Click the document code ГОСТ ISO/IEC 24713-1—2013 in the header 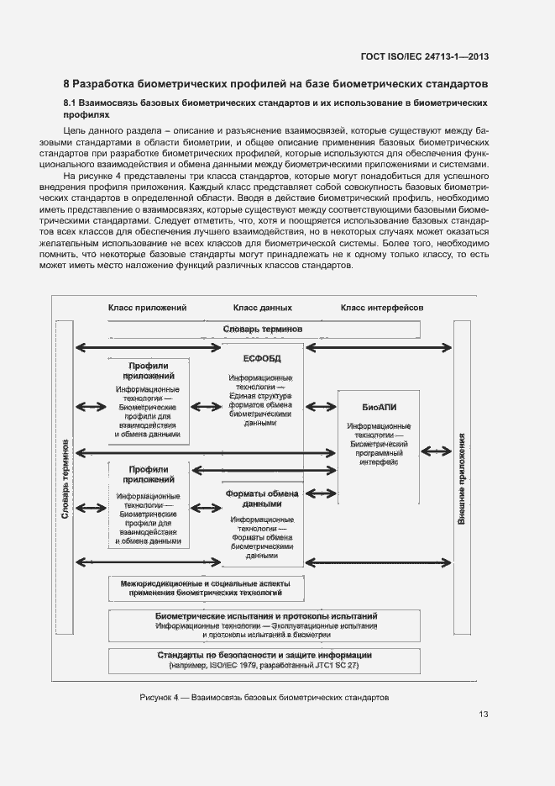point(424,57)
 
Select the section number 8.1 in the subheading point(71,103)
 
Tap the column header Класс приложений point(146,309)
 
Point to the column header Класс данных point(262,309)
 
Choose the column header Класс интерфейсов point(381,309)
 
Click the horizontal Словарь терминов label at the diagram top point(262,329)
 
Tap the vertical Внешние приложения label point(461,480)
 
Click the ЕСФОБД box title point(262,359)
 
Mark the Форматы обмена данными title point(262,499)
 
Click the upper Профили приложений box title point(149,371)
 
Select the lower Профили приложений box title point(149,474)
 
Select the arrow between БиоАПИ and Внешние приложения point(436,451)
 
